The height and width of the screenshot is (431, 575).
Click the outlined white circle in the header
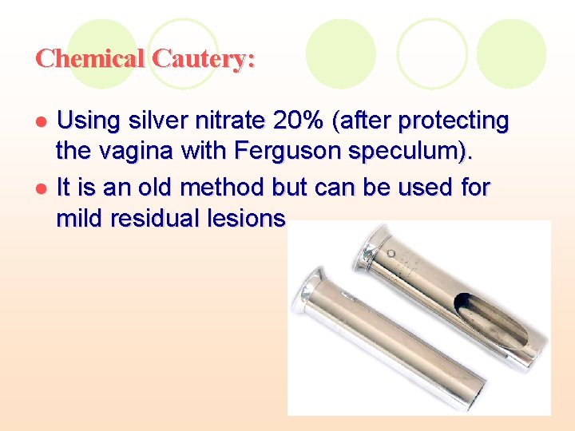coord(432,53)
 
